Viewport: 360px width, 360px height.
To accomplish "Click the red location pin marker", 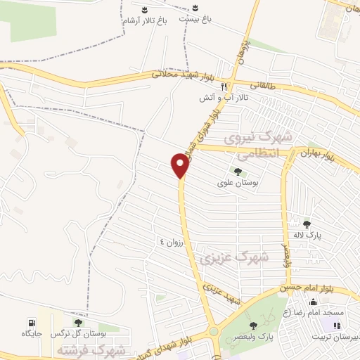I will tap(180, 165).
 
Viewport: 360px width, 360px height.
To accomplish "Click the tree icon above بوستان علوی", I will tap(238, 171).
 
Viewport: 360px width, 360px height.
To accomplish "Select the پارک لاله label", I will tap(307, 236).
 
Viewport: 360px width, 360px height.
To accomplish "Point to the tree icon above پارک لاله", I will tap(307, 224).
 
